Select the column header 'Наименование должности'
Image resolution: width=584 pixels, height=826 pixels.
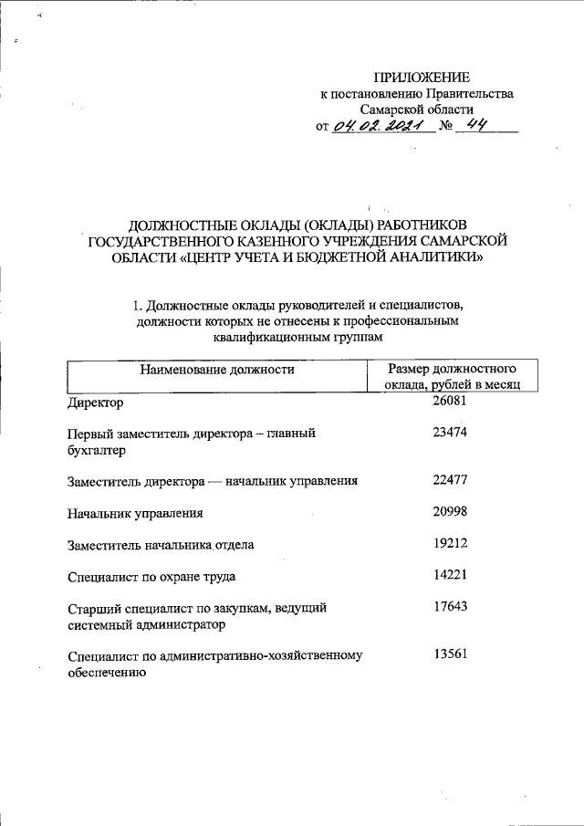click(x=216, y=370)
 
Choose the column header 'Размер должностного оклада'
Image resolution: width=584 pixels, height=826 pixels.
click(x=453, y=378)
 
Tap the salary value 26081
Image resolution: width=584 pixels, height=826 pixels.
click(x=450, y=401)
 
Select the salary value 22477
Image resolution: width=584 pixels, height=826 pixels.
click(x=450, y=479)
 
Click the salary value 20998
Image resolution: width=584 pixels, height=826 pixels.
click(x=450, y=512)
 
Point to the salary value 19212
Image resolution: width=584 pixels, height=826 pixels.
click(x=450, y=543)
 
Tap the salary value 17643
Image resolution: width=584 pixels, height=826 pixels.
click(x=450, y=607)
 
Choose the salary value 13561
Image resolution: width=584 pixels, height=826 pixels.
click(x=450, y=654)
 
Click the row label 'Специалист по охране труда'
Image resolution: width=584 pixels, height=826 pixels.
click(x=152, y=577)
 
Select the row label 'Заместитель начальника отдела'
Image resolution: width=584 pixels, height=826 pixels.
click(x=161, y=545)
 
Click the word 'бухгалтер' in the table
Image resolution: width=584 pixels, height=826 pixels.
click(x=98, y=451)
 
